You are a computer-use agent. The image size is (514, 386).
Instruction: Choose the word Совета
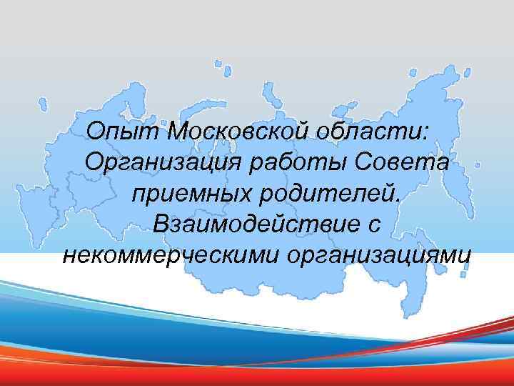tap(408, 162)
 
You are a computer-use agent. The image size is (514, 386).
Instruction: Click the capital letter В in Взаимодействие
tap(154, 223)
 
